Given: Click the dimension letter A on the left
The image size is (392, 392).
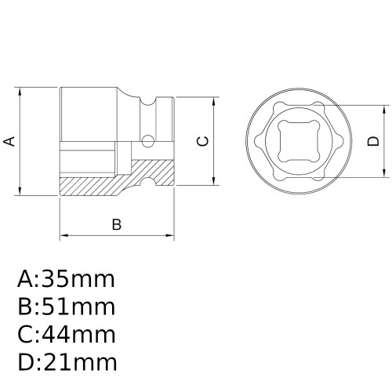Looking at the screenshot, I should tap(9, 141).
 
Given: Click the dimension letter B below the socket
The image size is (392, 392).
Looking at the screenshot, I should tap(116, 224).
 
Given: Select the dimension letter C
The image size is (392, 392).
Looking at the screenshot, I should tap(201, 141).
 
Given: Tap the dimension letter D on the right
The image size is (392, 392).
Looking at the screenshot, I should tap(372, 141).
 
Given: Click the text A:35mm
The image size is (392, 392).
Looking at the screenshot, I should tap(66, 279).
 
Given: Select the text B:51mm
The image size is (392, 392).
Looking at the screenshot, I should tap(66, 307).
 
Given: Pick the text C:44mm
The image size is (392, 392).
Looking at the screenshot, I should tap(66, 335).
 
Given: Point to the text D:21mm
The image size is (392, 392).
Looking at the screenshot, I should tap(66, 362).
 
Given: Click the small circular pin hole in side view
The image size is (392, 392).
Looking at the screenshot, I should tap(147, 142).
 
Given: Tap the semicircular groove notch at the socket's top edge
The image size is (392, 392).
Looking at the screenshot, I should tap(147, 100).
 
